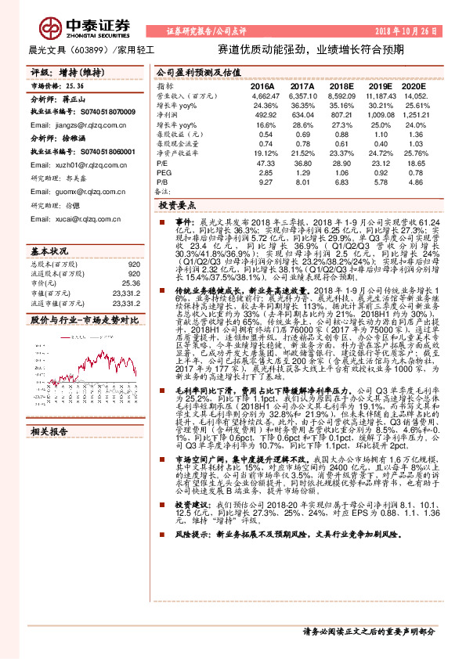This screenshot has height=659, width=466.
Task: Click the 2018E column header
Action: click(341, 85)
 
